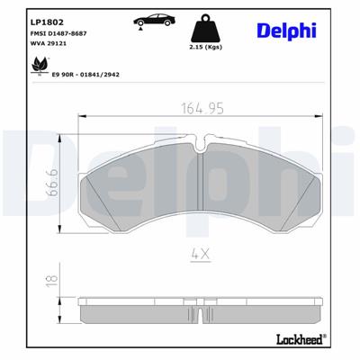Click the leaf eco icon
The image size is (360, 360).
(x=38, y=64)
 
